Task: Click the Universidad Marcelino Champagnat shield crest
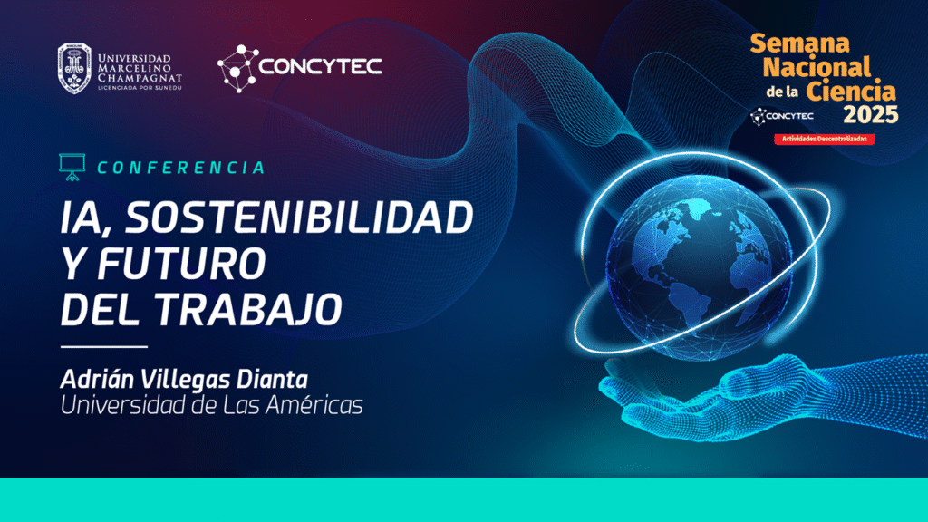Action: pyautogui.click(x=74, y=69)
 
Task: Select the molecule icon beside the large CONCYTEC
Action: pyautogui.click(x=237, y=69)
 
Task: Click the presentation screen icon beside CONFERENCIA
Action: pyautogui.click(x=72, y=167)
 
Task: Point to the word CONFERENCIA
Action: pyautogui.click(x=181, y=168)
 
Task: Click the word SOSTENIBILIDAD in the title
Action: pyautogui.click(x=299, y=217)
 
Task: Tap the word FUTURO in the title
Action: pyautogui.click(x=181, y=264)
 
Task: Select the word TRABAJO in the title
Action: pyautogui.click(x=248, y=309)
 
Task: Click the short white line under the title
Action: pyautogui.click(x=104, y=347)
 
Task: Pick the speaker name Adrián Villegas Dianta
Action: pyautogui.click(x=184, y=380)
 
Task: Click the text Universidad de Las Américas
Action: pyautogui.click(x=211, y=405)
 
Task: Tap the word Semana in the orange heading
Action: pyautogui.click(x=799, y=43)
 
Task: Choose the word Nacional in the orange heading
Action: pyautogui.click(x=817, y=67)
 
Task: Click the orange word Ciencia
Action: pyautogui.click(x=851, y=92)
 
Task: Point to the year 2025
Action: pyautogui.click(x=871, y=114)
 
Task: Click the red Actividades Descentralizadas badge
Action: pyautogui.click(x=825, y=139)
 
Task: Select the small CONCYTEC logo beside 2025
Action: pyautogui.click(x=782, y=116)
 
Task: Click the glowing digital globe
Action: pyautogui.click(x=699, y=266)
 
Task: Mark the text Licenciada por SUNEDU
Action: pyautogui.click(x=140, y=88)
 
